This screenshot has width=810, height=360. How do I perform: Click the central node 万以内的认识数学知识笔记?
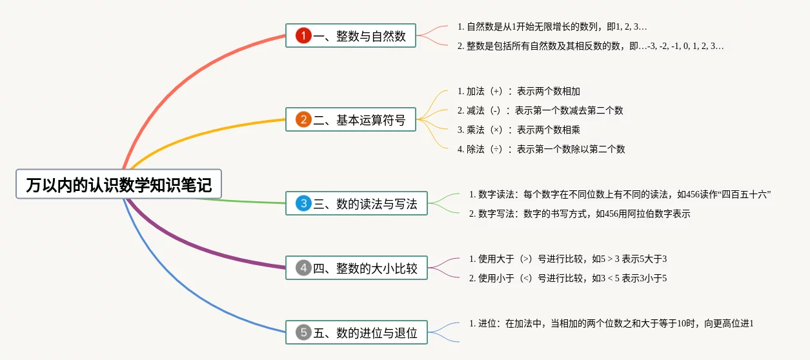119,184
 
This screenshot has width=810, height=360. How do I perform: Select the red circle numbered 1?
303,35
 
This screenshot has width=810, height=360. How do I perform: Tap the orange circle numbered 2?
303,119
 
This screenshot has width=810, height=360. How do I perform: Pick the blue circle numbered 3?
303,203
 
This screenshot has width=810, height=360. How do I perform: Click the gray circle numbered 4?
303,268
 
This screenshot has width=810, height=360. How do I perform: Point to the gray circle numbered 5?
303,332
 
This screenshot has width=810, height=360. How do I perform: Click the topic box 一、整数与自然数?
350,35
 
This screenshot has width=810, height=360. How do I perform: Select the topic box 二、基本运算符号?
350,119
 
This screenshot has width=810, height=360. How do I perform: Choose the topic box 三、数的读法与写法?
356,203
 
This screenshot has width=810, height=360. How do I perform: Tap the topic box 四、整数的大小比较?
356,268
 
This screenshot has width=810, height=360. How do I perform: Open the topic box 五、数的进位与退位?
356,332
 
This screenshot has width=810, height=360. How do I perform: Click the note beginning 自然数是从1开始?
552,26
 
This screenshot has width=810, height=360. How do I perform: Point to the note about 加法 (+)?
518,91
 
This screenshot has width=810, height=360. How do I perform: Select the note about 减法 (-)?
540,110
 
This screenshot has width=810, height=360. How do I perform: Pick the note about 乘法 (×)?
518,130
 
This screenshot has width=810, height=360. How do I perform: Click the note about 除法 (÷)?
542,149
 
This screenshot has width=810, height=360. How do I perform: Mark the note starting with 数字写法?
580,214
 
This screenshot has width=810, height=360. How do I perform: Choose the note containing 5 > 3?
568,259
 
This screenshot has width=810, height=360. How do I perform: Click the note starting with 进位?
611,323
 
